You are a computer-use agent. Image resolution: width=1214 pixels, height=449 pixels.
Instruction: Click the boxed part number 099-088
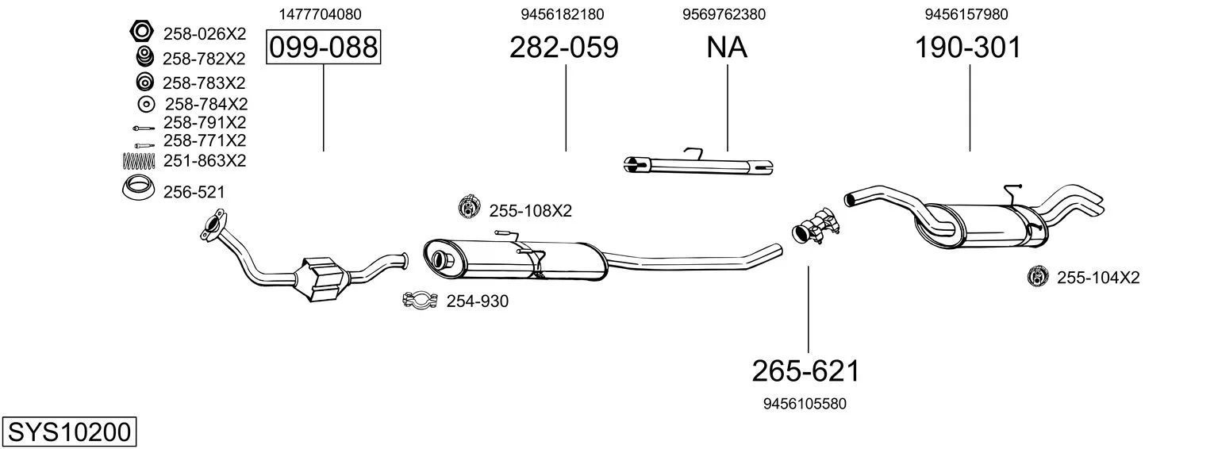323,47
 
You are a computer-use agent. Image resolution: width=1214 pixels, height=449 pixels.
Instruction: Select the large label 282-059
563,47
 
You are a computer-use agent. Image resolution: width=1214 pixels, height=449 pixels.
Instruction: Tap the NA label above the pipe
727,47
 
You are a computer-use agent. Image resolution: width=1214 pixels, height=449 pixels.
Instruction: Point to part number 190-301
968,47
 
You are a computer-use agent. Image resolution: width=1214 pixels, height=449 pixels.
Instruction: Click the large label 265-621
806,371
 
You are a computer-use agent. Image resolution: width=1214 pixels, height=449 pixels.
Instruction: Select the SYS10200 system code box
69,432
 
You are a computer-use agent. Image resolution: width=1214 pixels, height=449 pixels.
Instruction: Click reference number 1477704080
321,14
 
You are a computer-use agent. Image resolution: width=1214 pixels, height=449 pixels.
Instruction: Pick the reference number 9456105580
805,404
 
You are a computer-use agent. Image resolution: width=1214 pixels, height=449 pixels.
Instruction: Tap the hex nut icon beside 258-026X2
142,32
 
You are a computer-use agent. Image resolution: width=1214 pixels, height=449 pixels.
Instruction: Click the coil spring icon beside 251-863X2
139,161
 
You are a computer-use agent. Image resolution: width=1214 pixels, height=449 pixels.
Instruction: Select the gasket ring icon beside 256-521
138,188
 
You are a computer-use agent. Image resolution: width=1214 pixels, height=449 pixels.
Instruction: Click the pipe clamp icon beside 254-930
420,300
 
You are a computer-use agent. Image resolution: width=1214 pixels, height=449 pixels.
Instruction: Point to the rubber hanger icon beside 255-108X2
469,206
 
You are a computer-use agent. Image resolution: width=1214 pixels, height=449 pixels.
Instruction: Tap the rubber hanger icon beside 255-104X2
1038,276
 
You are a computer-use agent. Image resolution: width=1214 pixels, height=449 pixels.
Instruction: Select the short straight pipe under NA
698,165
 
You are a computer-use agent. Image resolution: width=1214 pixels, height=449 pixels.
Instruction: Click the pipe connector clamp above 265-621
815,226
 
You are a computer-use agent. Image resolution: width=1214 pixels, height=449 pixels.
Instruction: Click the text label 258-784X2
206,104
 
